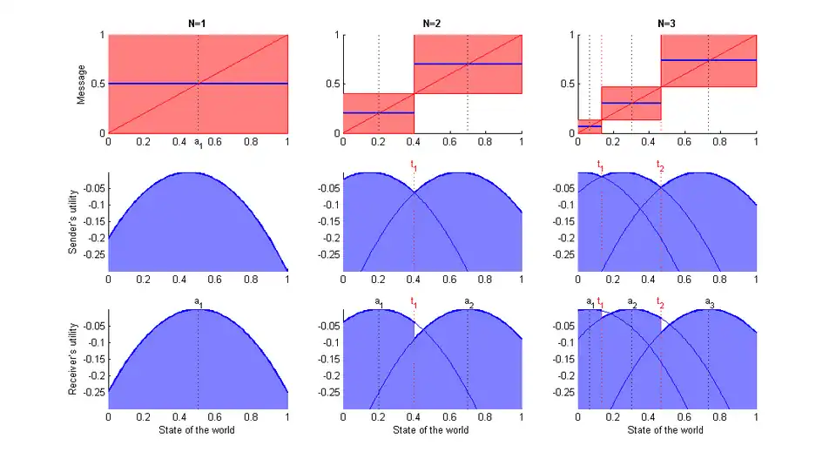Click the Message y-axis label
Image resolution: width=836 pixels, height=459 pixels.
click(x=81, y=84)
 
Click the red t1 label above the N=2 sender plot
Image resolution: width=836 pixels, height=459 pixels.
click(x=414, y=165)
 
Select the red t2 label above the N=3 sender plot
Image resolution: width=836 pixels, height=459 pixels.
click(x=660, y=165)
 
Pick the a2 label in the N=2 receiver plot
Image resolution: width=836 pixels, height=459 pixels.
click(x=469, y=303)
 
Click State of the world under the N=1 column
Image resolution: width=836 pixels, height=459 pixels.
click(x=198, y=430)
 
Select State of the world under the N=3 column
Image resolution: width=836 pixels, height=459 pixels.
click(x=667, y=430)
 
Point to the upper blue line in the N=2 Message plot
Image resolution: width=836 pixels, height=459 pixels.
click(x=468, y=64)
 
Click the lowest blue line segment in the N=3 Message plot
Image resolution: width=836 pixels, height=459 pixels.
click(x=590, y=127)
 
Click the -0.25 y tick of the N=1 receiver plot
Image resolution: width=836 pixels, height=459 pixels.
click(x=93, y=393)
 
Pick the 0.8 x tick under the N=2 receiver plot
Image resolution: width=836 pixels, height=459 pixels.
click(x=485, y=417)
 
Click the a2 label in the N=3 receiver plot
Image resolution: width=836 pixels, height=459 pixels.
click(x=632, y=303)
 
